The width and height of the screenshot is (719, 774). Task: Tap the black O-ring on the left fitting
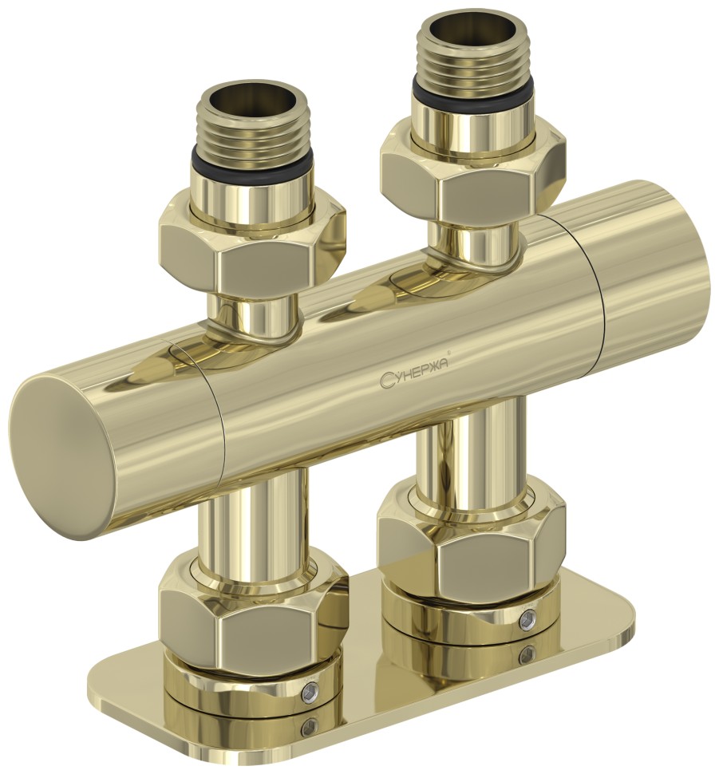[x=252, y=164]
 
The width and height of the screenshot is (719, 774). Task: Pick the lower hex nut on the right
[x=471, y=546]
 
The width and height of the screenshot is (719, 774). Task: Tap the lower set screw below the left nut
[x=310, y=726]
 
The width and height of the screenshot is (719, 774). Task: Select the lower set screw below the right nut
[x=527, y=655]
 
